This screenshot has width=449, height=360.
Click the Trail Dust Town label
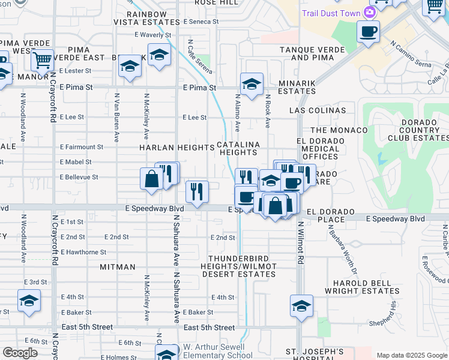coord(331,13)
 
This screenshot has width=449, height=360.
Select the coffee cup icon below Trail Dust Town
coord(368,31)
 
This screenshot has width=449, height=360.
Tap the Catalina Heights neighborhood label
coord(238,148)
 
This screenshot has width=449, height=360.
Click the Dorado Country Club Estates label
coord(416,132)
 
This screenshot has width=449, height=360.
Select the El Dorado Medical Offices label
coord(321,149)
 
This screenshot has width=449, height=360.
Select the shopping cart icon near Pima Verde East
coord(42,60)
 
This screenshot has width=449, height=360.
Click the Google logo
coord(20,353)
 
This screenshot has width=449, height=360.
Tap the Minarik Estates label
coord(288,88)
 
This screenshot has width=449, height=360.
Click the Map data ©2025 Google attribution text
coord(411,355)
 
